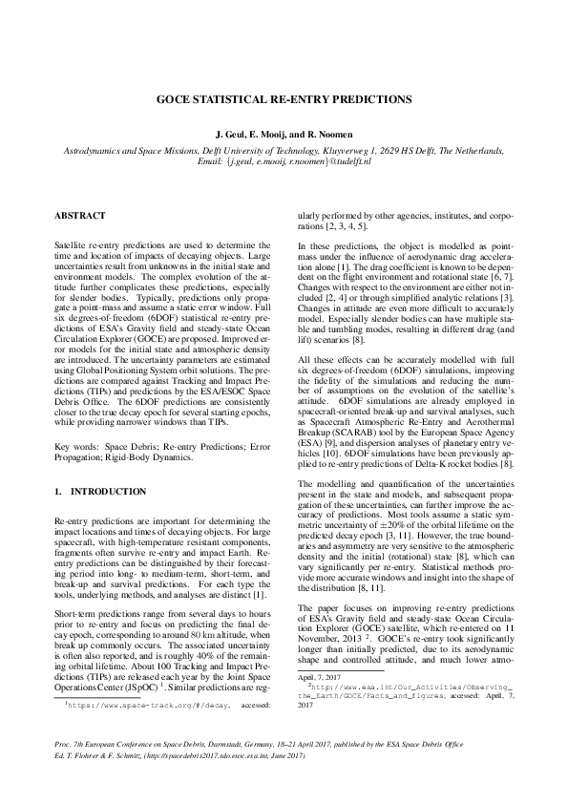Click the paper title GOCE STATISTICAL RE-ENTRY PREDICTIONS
pyautogui.click(x=284, y=98)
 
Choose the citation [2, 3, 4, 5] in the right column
pyautogui.click(x=347, y=228)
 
